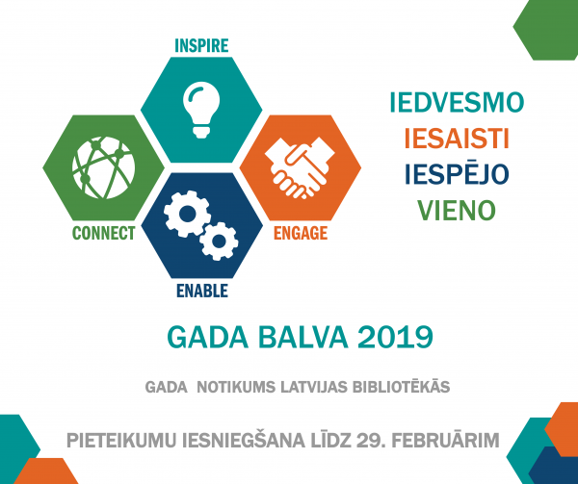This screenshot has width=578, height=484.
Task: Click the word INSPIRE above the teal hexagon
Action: tap(201, 45)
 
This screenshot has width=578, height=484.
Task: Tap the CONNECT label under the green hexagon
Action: tap(104, 233)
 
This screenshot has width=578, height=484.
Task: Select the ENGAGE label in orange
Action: tap(301, 233)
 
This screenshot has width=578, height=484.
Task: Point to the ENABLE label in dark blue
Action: tap(202, 291)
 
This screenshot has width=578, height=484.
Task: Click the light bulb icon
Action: tap(201, 110)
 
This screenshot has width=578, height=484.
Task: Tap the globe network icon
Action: tap(104, 167)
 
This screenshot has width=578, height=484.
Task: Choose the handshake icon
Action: tap(300, 167)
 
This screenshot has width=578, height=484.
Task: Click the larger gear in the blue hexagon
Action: tap(187, 213)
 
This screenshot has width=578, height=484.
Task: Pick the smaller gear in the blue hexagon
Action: tap(219, 242)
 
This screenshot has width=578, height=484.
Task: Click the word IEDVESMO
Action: tap(457, 102)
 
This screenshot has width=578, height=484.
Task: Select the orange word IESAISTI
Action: tap(457, 139)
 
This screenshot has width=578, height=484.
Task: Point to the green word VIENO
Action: tap(457, 211)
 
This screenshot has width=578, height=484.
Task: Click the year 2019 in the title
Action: tap(395, 337)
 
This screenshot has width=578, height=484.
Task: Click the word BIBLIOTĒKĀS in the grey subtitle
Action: tap(401, 386)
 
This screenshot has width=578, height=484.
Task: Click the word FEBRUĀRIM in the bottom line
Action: tap(445, 440)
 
